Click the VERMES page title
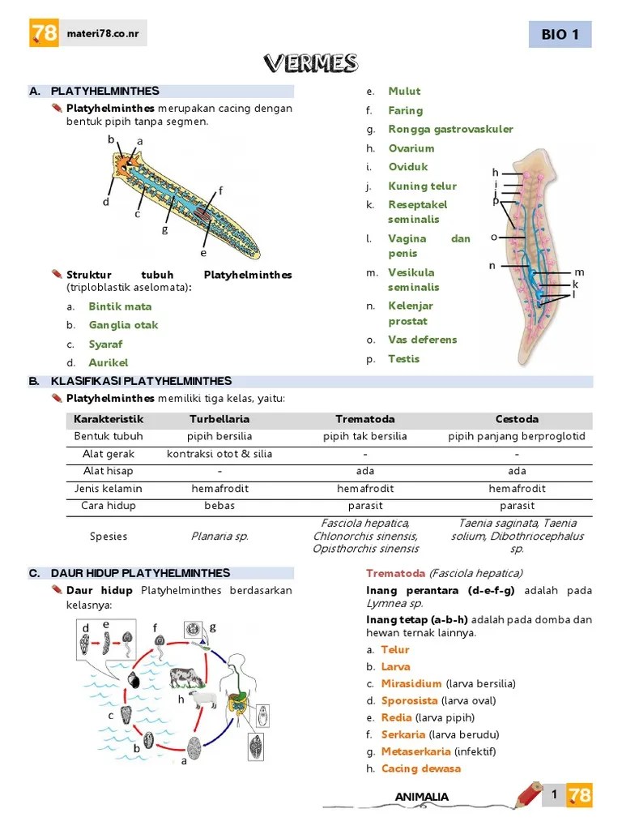(x=311, y=63)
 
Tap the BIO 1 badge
(x=560, y=35)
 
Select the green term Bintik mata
(x=120, y=306)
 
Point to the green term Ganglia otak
(x=123, y=325)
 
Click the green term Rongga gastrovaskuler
(x=450, y=129)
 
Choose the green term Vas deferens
(x=422, y=340)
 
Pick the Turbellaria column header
(x=219, y=419)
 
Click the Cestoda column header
(x=517, y=419)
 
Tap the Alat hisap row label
(x=109, y=471)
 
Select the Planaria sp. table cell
(x=219, y=536)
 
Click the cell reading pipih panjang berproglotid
(x=517, y=436)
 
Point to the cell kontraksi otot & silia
(x=219, y=454)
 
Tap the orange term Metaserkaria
(x=415, y=751)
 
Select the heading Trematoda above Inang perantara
(x=395, y=574)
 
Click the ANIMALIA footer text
(x=421, y=797)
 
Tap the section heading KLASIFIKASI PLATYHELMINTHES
(x=141, y=381)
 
